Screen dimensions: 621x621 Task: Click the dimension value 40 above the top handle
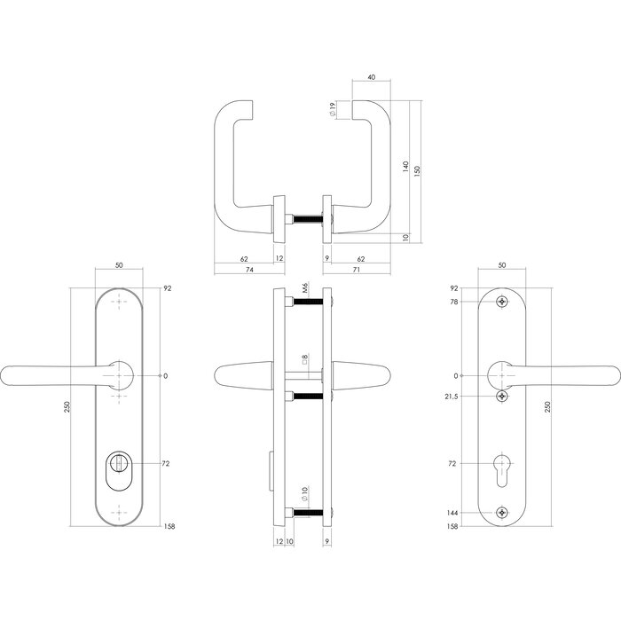(x=370, y=77)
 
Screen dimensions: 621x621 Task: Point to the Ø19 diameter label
(x=331, y=112)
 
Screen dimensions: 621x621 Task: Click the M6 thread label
(x=303, y=287)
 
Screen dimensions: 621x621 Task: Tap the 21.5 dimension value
(x=452, y=396)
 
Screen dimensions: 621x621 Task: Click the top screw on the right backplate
(x=503, y=303)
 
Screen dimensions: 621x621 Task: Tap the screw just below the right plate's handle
(x=503, y=396)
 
